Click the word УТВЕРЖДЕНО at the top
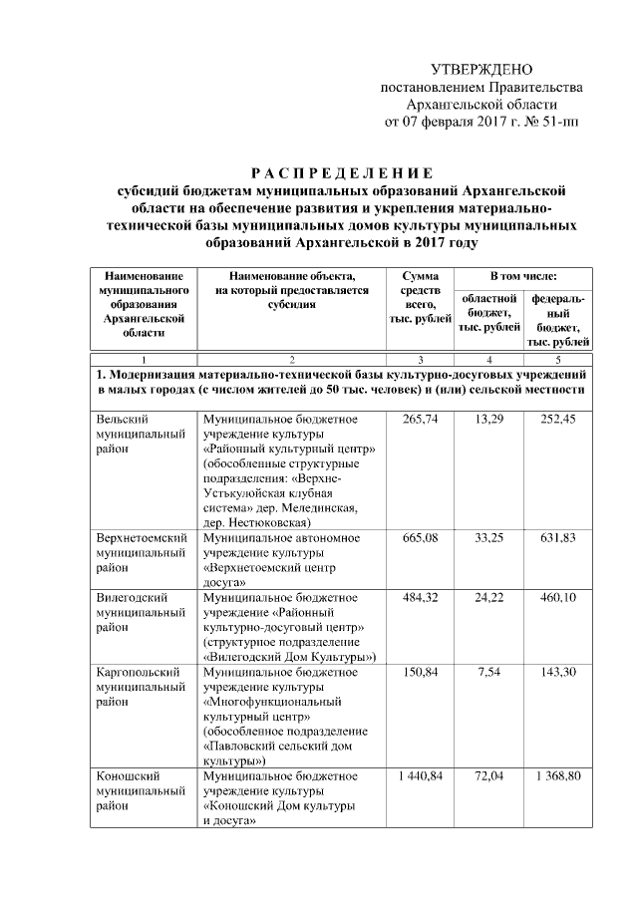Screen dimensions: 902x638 coord(480,69)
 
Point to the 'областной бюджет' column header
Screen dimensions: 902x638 coord(487,312)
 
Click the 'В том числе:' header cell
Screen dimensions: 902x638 coord(522,275)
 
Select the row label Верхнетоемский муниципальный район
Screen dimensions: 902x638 coord(141,552)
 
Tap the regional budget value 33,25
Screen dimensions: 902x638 coord(488,537)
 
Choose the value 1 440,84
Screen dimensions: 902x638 coord(419,775)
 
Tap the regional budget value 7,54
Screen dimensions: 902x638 coord(488,672)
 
